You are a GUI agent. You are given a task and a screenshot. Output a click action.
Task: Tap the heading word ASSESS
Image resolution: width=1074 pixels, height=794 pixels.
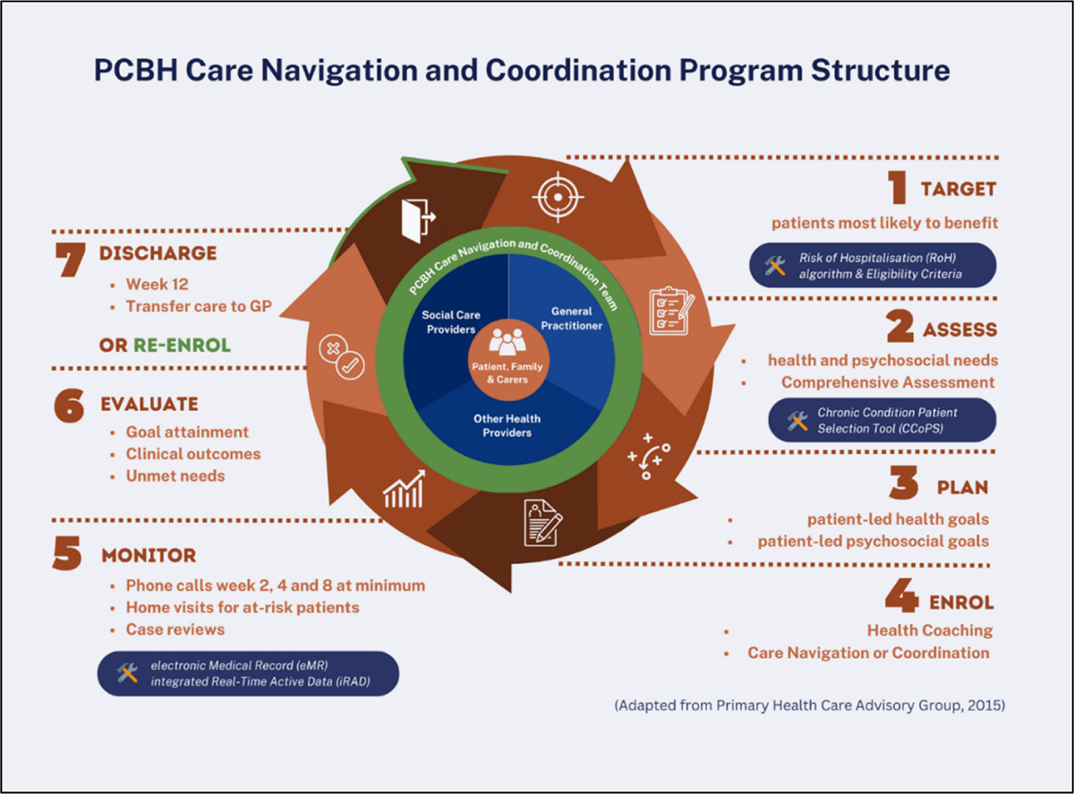pyautogui.click(x=959, y=330)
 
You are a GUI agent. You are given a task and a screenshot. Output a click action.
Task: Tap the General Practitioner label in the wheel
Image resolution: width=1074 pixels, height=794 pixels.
pyautogui.click(x=571, y=319)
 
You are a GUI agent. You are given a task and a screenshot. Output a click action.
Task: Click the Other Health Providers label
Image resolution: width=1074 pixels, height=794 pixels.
pyautogui.click(x=507, y=425)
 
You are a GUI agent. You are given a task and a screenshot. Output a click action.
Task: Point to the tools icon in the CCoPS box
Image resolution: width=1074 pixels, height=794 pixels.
pyautogui.click(x=797, y=421)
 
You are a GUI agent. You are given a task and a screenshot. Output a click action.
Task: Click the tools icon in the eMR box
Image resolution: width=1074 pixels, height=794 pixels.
pyautogui.click(x=128, y=673)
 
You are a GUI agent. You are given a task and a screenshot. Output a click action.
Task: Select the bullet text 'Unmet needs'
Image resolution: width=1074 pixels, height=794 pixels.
pyautogui.click(x=175, y=475)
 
